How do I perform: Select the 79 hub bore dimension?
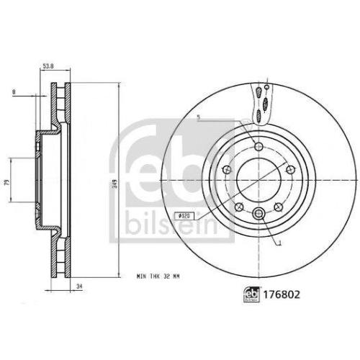(x=6, y=184)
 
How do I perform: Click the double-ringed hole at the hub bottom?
(x=258, y=212)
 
